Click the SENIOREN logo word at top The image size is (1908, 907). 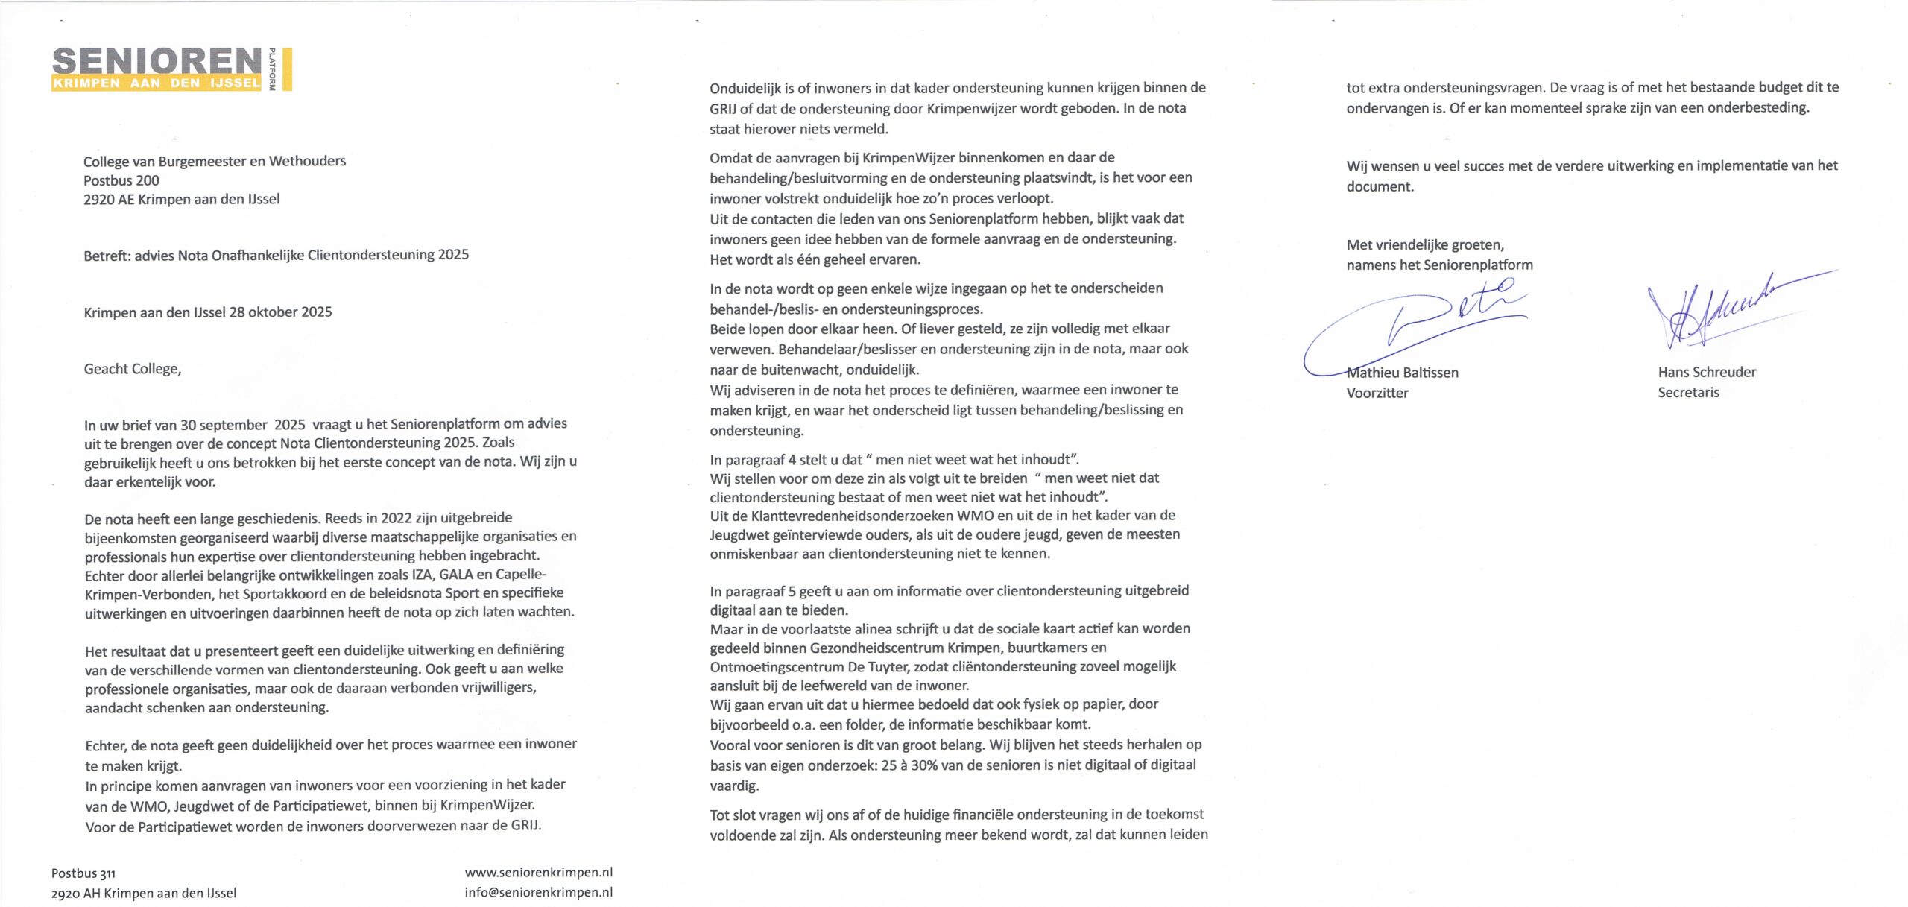tap(157, 61)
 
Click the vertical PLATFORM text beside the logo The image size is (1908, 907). tap(272, 69)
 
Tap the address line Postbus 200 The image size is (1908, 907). tap(121, 180)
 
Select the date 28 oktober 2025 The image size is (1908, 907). tap(281, 312)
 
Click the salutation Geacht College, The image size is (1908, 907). tap(133, 369)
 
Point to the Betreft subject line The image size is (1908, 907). tap(276, 255)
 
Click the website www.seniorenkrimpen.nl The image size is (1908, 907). tap(538, 872)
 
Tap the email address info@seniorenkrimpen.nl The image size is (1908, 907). tap(538, 892)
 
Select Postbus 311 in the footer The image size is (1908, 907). tap(83, 873)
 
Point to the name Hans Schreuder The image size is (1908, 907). tap(1707, 372)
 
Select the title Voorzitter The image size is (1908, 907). tap(1377, 393)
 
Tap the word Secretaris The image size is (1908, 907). tap(1688, 392)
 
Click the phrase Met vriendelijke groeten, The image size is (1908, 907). tap(1425, 244)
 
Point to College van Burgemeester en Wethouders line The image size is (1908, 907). tap(215, 161)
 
